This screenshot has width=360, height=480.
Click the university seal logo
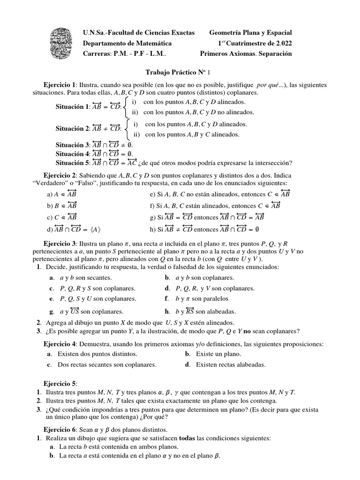point(62,42)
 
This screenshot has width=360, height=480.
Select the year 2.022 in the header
point(280,43)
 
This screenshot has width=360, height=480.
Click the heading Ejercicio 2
point(60,174)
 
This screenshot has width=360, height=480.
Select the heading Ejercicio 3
point(60,244)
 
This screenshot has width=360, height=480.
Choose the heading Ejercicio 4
point(60,345)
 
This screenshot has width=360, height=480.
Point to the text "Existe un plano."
point(218,354)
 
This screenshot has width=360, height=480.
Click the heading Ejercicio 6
point(60,429)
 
